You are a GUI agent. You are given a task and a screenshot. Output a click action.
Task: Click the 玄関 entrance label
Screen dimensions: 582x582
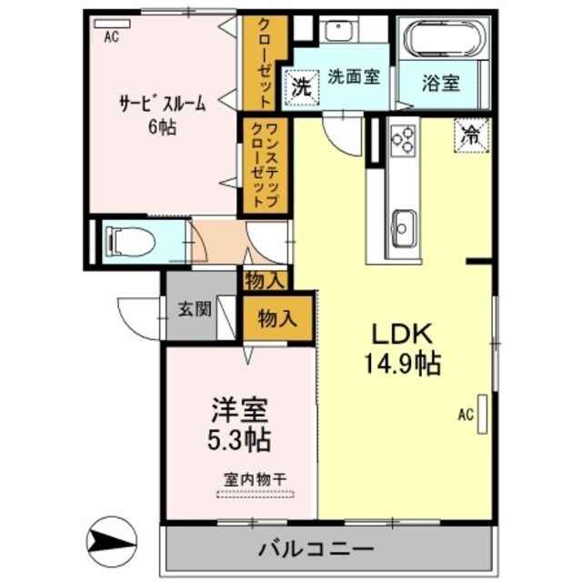(x=190, y=309)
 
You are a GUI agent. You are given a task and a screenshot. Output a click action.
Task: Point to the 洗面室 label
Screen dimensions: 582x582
(x=354, y=76)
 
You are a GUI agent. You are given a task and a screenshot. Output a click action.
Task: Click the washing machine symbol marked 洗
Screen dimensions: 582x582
(x=302, y=87)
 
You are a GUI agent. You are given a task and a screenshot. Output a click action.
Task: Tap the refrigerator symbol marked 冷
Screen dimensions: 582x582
(x=472, y=135)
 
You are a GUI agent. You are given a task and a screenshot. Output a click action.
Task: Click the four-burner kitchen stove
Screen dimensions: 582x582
(x=402, y=139)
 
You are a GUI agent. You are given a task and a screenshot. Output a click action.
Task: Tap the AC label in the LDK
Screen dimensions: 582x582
(x=466, y=416)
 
